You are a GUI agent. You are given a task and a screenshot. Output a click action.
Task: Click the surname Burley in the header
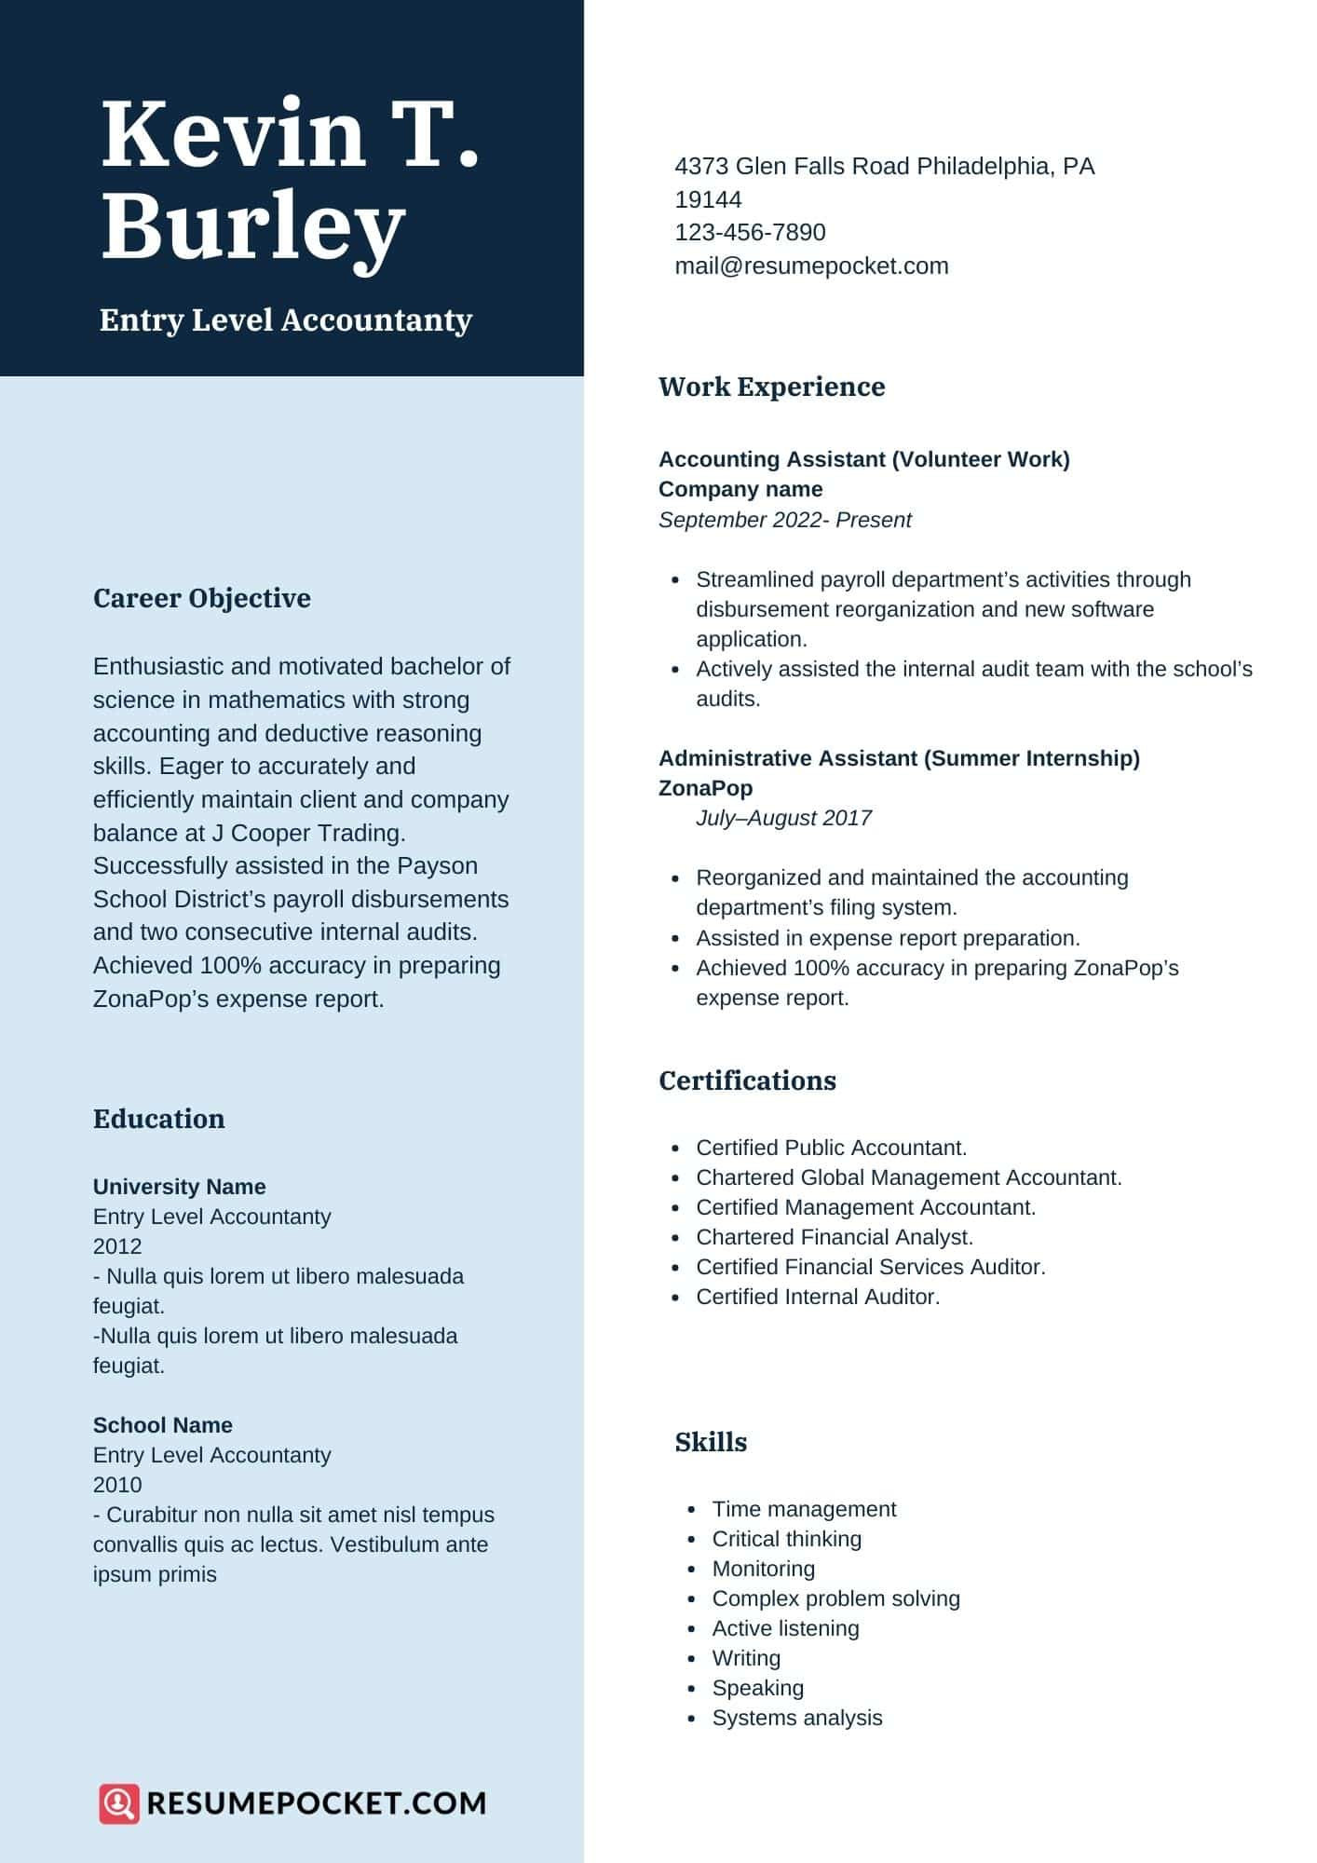point(252,227)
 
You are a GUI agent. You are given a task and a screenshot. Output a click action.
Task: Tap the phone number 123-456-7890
point(750,232)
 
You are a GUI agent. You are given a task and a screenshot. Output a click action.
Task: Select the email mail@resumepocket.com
point(811,265)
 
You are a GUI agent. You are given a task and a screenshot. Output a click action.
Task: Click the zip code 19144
point(708,199)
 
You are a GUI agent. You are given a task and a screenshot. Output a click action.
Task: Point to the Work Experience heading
point(771,387)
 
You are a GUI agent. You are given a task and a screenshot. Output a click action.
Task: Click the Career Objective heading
point(201,598)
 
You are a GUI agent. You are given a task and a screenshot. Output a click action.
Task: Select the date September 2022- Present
point(784,520)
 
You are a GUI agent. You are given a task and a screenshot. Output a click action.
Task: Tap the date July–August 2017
point(783,818)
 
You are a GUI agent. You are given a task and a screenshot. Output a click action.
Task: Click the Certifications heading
point(747,1081)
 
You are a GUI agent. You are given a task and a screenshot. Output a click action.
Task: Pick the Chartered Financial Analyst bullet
point(834,1237)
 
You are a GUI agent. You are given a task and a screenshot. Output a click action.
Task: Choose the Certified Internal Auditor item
point(817,1297)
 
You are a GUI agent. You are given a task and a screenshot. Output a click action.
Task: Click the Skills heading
point(711,1442)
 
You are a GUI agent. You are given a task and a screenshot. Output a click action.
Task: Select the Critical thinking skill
point(786,1539)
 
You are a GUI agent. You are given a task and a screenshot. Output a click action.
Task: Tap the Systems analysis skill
point(796,1718)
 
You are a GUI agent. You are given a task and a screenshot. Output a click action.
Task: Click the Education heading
point(158,1119)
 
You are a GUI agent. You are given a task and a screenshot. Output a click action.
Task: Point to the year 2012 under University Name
point(117,1246)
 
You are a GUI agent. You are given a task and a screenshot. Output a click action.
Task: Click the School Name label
point(162,1425)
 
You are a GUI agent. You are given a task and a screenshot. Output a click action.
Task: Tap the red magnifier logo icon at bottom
point(119,1803)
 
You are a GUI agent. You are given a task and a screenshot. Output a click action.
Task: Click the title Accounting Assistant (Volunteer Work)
point(863,459)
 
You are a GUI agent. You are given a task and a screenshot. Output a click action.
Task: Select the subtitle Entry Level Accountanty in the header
point(286,320)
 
